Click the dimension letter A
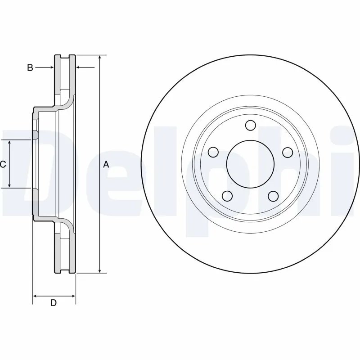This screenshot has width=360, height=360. [x=106, y=165]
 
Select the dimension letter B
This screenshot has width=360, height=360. [x=30, y=67]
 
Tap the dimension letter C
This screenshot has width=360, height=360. [x=3, y=165]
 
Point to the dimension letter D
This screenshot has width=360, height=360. [x=53, y=303]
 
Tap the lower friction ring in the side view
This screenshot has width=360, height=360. [x=65, y=252]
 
